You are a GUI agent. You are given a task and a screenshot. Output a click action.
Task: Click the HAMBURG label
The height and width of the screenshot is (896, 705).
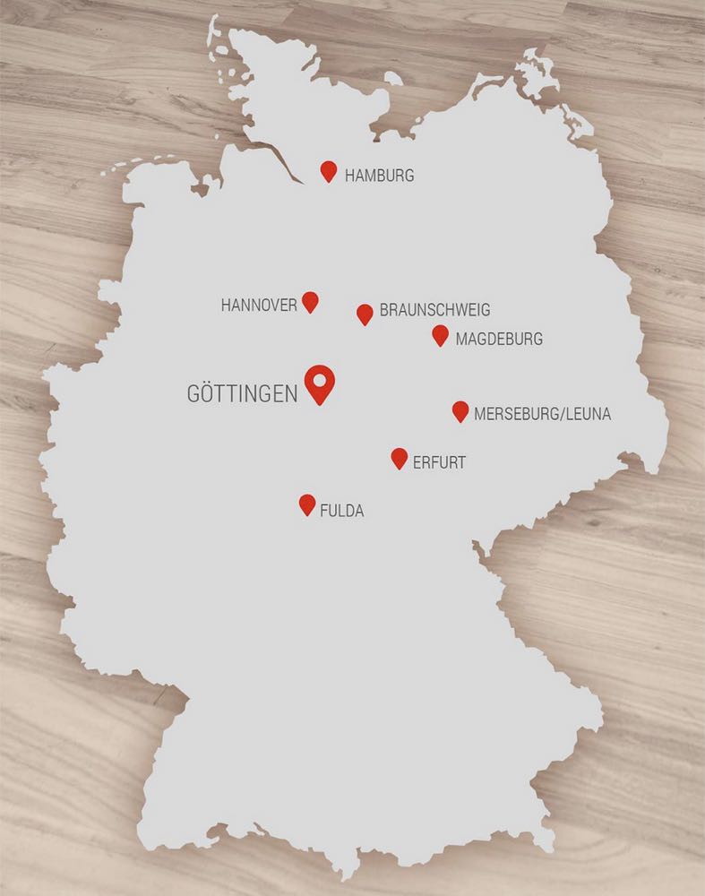click(379, 176)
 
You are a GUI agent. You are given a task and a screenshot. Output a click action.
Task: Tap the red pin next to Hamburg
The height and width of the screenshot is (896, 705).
click(329, 171)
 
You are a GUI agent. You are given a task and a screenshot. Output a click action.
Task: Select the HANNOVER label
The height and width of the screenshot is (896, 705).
click(259, 306)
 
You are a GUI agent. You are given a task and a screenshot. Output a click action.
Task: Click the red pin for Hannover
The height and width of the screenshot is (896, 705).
click(310, 301)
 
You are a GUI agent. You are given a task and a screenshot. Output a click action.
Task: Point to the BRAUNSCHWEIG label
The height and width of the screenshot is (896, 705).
click(434, 311)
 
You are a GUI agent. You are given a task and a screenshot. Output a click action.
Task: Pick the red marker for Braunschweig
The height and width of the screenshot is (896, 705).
click(365, 314)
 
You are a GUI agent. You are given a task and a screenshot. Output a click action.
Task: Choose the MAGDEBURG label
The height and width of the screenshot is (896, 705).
click(499, 340)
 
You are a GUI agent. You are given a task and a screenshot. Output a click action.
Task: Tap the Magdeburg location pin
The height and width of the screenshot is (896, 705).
click(440, 335)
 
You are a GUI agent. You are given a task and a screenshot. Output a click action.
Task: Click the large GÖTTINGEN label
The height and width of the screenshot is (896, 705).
click(242, 394)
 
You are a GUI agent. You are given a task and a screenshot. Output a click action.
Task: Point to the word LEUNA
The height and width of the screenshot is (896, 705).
click(587, 415)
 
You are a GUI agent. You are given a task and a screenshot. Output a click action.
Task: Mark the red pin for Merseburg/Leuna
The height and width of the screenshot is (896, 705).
click(460, 411)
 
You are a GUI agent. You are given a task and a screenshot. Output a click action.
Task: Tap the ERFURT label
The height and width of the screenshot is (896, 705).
click(439, 464)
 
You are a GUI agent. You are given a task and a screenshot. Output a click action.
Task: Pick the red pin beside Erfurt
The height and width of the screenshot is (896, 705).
click(400, 458)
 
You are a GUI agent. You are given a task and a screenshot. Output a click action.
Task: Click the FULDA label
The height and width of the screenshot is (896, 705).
click(342, 512)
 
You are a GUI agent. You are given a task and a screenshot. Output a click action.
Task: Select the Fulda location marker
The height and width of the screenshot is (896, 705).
click(307, 504)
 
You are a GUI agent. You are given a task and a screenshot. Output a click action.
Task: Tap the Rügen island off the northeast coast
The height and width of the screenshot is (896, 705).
click(539, 72)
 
